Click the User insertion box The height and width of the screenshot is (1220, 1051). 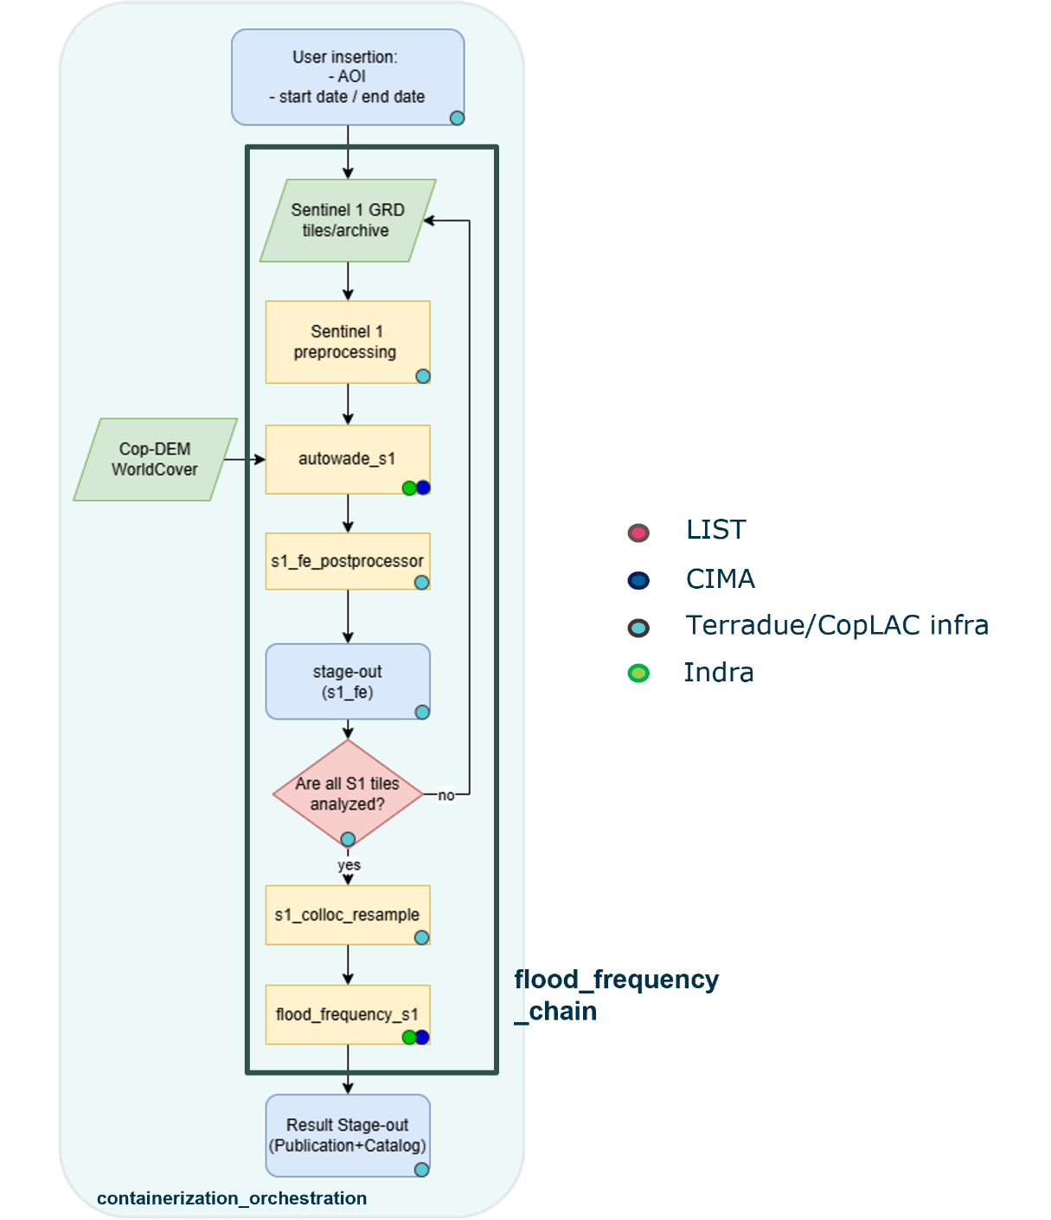(348, 77)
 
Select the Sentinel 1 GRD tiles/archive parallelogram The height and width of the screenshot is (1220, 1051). (348, 220)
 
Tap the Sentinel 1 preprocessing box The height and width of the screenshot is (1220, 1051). (348, 342)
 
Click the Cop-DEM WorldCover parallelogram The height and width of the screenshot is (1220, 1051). (155, 459)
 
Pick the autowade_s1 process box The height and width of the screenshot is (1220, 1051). (348, 459)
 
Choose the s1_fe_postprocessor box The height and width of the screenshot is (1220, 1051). (348, 561)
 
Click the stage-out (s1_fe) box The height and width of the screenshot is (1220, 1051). (348, 681)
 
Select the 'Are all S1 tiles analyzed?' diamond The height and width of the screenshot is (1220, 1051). (348, 793)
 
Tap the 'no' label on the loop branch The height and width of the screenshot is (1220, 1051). (445, 795)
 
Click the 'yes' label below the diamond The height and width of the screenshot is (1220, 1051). (349, 865)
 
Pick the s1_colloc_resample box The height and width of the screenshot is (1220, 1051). (348, 915)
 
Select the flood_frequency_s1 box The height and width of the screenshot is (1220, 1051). (348, 1014)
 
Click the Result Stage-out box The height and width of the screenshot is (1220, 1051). (348, 1135)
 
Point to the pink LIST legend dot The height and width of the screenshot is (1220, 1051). (638, 533)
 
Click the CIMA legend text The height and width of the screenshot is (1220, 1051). (721, 579)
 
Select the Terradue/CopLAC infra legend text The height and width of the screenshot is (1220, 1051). (836, 625)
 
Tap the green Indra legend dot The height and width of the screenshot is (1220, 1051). (638, 673)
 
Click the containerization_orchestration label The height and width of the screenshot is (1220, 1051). (232, 1198)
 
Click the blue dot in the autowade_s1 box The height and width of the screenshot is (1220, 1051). (423, 488)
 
